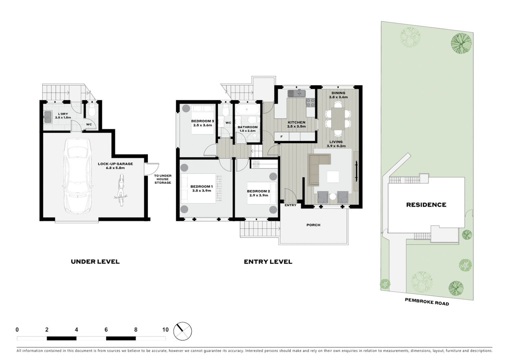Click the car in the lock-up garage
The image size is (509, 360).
click(x=78, y=176)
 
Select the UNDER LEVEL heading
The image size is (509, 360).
click(x=95, y=262)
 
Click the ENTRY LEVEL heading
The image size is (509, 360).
click(x=268, y=262)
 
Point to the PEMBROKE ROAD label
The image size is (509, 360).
click(x=427, y=302)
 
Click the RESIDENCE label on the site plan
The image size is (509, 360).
click(x=426, y=205)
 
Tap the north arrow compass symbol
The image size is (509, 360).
click(x=183, y=331)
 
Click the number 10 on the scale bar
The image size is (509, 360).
click(x=165, y=330)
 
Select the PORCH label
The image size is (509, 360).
click(x=313, y=225)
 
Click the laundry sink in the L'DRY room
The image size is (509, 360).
click(x=47, y=116)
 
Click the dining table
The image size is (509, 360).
click(x=338, y=118)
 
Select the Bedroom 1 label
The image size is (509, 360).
click(x=202, y=187)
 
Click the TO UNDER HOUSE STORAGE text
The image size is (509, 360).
click(x=163, y=179)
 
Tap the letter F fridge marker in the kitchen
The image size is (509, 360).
click(x=281, y=137)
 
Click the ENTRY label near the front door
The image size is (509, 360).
click(x=290, y=205)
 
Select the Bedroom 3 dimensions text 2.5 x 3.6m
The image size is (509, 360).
click(x=203, y=125)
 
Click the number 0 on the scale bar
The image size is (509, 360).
click(x=17, y=330)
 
